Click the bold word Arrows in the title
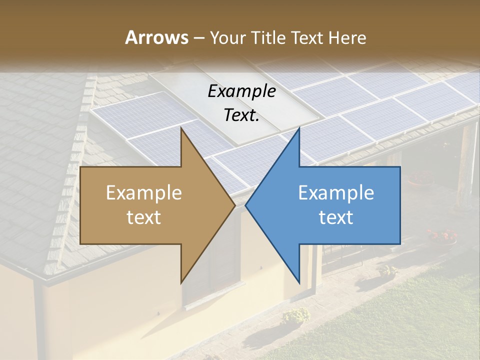pos(156,37)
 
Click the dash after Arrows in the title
pos(198,38)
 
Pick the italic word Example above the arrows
pos(242,91)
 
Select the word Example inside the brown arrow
pos(144,193)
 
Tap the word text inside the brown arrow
pos(144,217)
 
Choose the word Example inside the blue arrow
pos(336,193)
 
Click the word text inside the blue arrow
pos(336,217)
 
